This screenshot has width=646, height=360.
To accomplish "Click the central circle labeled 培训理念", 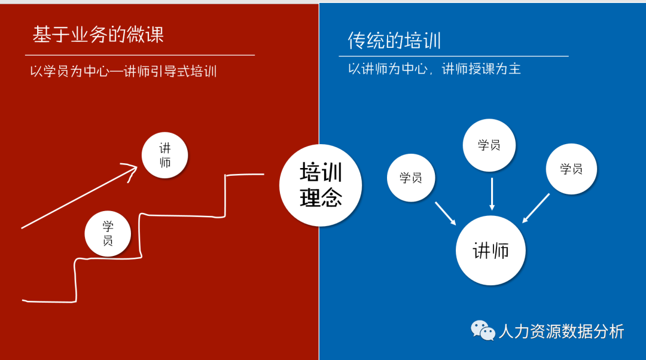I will [321, 185].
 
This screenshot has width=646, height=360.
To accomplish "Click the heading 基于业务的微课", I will [98, 35].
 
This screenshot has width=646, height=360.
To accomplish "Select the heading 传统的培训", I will [394, 41].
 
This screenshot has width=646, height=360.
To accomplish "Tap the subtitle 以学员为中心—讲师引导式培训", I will [123, 72].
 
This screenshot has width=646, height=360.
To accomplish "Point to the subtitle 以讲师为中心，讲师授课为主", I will [434, 69].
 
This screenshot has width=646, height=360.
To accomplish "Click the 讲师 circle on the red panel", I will [164, 155].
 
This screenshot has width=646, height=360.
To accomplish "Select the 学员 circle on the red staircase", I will [108, 233].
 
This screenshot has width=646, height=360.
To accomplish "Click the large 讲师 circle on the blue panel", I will [490, 251].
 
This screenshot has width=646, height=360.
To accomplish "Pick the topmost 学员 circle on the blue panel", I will [489, 145].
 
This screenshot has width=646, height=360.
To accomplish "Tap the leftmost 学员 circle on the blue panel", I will [411, 178].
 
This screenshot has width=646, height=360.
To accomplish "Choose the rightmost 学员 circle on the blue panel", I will [571, 169].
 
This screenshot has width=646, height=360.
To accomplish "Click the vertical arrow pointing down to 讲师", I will [492, 194].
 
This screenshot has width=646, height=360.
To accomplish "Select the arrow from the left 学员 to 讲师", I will [446, 213].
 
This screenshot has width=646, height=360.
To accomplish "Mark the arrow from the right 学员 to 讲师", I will [536, 208].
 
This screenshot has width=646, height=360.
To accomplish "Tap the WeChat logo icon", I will [483, 330].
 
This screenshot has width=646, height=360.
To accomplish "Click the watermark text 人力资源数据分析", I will [561, 331].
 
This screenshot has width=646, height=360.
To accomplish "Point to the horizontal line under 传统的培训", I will [453, 56].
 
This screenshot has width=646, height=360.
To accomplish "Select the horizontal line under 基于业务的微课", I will [140, 55].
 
